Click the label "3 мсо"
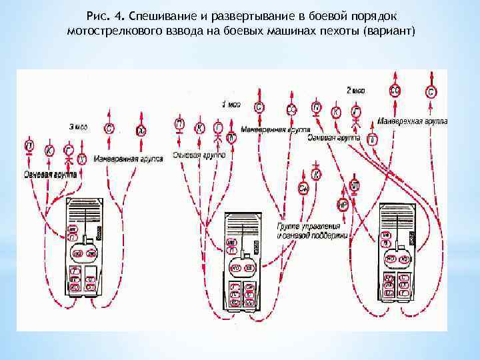[77, 126]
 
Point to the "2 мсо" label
[356, 89]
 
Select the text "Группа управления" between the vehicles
[303, 227]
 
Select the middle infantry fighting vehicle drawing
[242, 260]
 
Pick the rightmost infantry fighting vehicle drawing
[399, 249]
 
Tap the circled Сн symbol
[303, 189]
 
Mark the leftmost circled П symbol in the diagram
[29, 145]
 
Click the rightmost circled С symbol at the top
[431, 92]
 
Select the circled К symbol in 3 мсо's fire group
[49, 151]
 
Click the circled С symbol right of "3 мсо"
[109, 129]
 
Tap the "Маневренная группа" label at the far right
[411, 122]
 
